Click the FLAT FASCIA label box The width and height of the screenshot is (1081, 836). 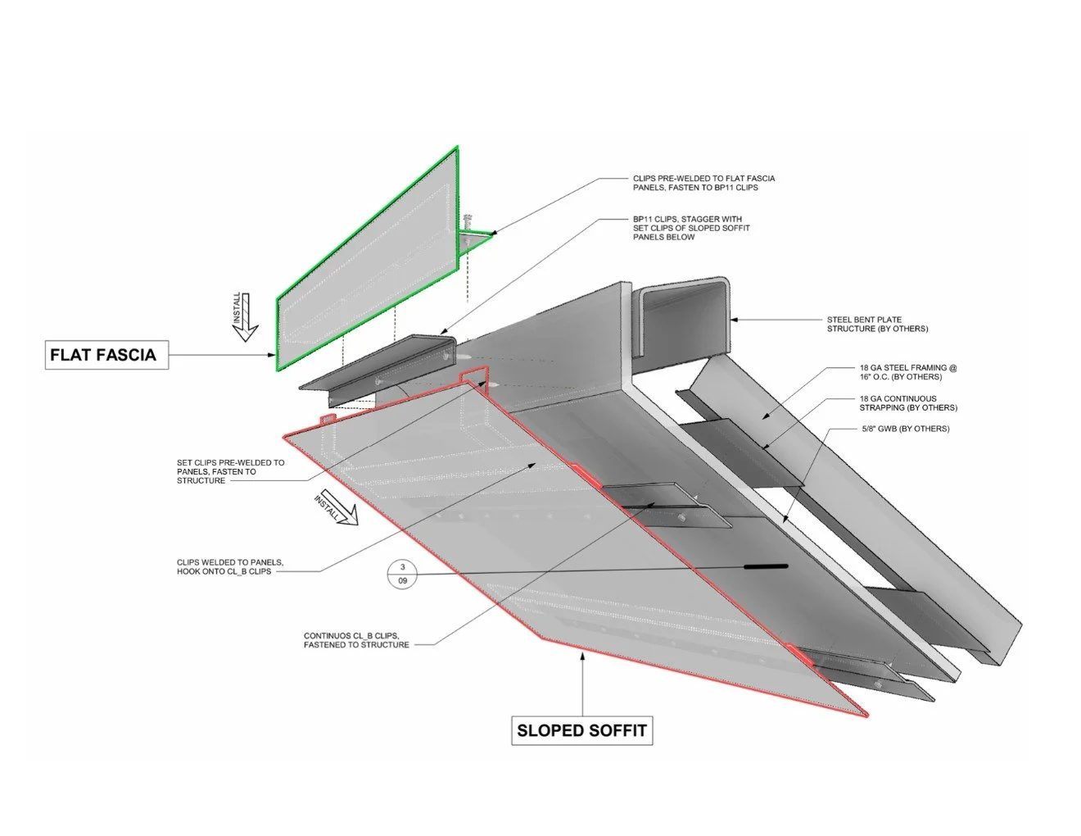[106, 355]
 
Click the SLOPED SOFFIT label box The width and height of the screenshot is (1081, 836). [581, 730]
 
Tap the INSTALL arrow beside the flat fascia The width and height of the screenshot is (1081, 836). [244, 316]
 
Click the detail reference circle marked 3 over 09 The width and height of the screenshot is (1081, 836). [402, 574]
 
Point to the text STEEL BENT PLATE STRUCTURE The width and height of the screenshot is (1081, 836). [877, 324]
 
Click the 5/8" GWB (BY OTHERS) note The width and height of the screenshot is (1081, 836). [906, 429]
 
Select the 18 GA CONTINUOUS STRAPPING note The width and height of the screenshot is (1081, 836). [908, 402]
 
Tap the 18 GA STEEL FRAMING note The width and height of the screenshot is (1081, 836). [908, 372]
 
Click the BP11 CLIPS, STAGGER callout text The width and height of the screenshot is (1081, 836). [691, 228]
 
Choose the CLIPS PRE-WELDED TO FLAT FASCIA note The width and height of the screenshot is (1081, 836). [704, 183]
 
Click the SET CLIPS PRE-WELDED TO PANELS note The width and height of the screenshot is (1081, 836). [231, 471]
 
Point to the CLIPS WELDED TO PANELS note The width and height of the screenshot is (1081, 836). [230, 566]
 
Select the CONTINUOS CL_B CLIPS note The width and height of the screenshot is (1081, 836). [356, 640]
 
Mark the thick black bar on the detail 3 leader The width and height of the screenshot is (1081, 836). [766, 566]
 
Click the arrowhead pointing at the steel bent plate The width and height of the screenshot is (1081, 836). [734, 320]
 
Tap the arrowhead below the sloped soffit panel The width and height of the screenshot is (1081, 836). [582, 657]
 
